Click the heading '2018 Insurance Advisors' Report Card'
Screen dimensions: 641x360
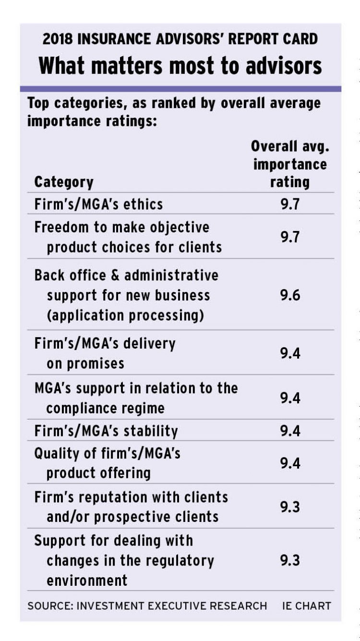point(180,39)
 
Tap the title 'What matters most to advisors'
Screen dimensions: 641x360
point(180,65)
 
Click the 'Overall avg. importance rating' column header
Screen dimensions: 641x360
point(290,164)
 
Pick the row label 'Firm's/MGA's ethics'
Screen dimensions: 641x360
point(98,204)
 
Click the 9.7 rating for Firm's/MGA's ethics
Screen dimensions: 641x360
point(290,204)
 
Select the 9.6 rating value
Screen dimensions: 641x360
point(290,295)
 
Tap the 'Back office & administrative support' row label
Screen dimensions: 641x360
point(126,295)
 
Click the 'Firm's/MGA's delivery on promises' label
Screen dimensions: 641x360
point(105,353)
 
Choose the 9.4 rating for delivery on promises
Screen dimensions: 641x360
point(290,353)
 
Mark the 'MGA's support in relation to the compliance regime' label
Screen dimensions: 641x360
point(136,398)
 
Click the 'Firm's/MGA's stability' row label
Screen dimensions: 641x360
point(106,431)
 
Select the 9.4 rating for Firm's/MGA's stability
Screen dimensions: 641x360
point(290,431)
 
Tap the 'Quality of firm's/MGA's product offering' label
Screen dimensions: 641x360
point(107,463)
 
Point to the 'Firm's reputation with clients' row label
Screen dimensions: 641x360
point(131,507)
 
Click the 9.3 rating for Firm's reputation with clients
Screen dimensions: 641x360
point(290,507)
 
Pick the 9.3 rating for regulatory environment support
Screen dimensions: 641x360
point(290,560)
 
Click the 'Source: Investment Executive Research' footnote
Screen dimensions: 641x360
point(147,605)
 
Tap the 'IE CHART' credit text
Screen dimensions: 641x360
point(306,605)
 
